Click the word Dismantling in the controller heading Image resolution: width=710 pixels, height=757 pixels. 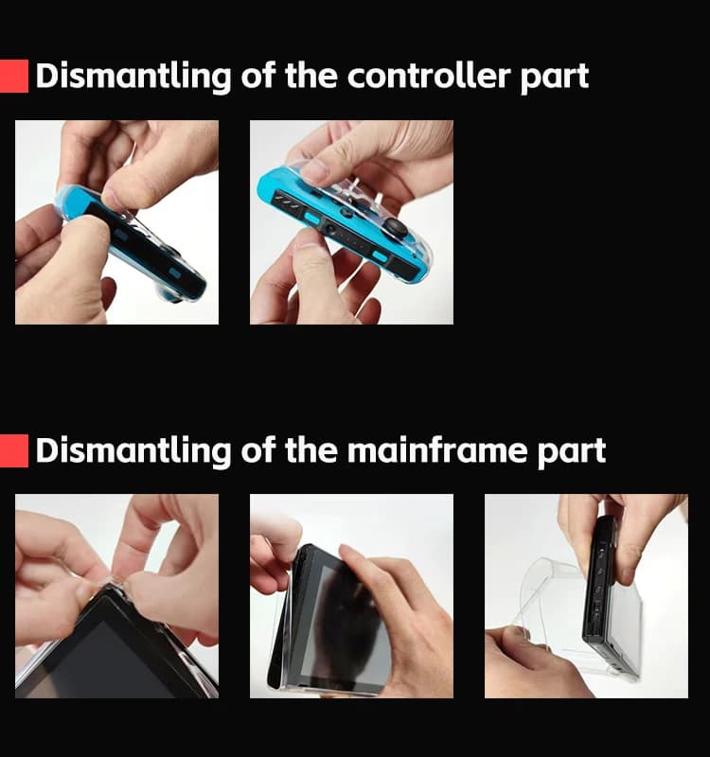click(133, 77)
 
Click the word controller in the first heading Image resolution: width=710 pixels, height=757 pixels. click(429, 76)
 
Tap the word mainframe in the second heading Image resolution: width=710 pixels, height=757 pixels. click(437, 450)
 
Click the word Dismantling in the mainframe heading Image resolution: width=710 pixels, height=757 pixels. click(133, 451)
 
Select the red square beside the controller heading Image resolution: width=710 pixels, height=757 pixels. click(14, 76)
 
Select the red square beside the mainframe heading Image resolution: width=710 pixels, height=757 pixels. click(14, 450)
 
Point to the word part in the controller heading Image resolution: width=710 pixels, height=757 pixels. click(555, 79)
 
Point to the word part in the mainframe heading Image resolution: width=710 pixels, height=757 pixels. click(572, 453)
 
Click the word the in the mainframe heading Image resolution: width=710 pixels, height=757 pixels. click(311, 450)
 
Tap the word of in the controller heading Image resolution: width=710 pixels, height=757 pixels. click(258, 76)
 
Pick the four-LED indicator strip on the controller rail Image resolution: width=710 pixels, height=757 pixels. click(289, 202)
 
